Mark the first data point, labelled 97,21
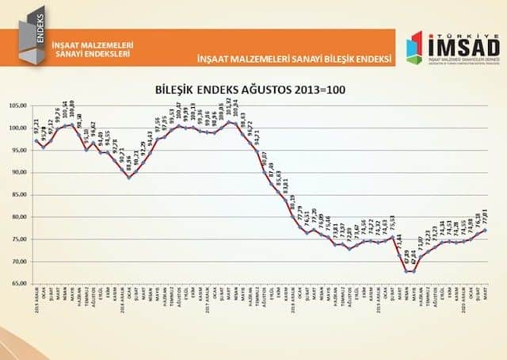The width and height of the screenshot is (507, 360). tap(36, 140)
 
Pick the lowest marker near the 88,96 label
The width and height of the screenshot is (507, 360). tap(130, 178)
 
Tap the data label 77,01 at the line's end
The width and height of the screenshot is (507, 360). tap(484, 215)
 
